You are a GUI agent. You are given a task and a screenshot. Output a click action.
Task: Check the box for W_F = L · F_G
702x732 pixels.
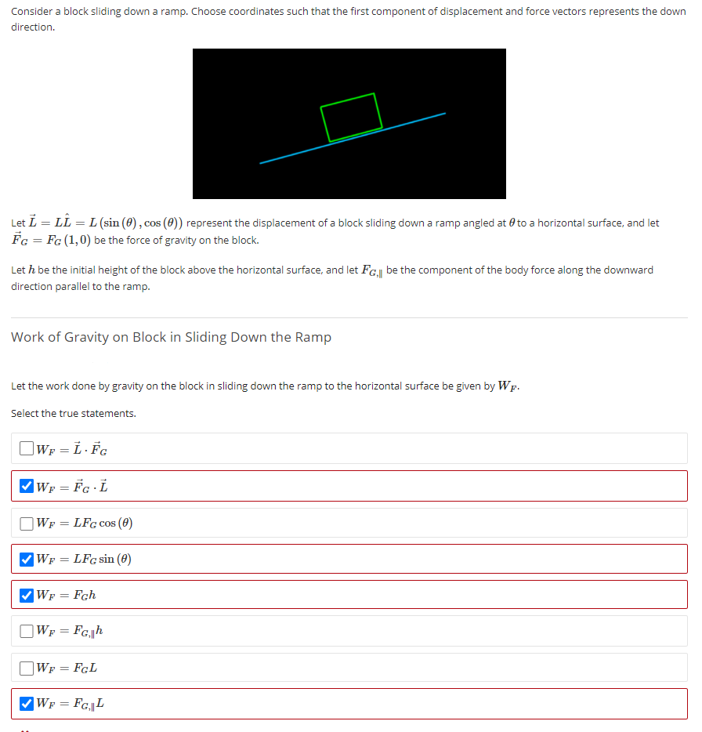27,449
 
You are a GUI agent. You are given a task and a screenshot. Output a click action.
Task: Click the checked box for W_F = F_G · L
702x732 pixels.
27,486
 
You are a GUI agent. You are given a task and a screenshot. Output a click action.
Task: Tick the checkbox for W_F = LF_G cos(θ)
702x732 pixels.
27,523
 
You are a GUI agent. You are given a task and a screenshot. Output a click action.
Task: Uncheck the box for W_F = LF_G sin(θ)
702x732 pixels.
27,559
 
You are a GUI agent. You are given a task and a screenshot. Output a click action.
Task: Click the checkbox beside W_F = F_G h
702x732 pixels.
27,595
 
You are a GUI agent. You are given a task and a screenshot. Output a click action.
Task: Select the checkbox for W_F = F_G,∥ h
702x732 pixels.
27,631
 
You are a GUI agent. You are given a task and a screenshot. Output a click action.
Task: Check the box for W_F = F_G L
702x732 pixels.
27,668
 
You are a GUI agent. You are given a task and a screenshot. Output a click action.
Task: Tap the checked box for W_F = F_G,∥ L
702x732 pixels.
27,704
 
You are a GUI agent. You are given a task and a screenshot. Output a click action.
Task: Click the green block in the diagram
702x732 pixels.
351,117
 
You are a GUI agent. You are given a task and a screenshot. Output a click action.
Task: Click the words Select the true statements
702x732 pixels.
74,413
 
